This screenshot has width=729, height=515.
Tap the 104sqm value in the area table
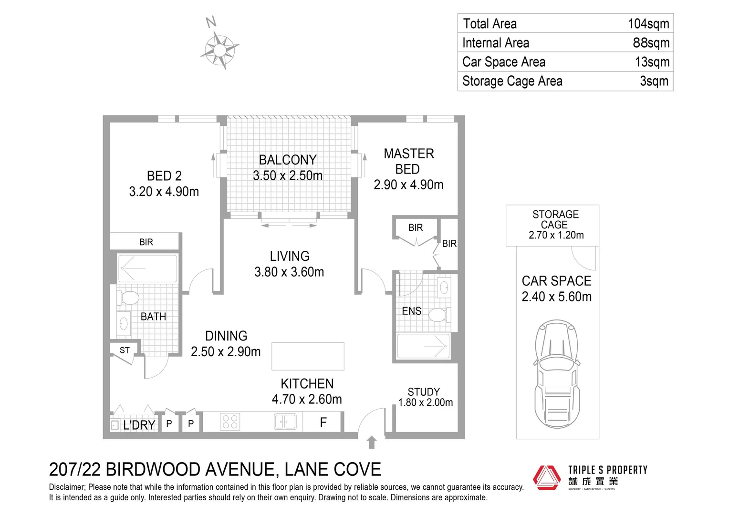(x=648, y=24)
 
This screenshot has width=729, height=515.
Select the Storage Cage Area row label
(x=512, y=81)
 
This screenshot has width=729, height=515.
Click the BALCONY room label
(x=288, y=160)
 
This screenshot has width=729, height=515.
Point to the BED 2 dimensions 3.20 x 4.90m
(x=164, y=191)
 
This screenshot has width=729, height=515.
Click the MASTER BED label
(x=408, y=161)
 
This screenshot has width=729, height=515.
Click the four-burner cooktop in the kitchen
(x=230, y=422)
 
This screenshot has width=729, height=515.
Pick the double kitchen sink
(x=285, y=422)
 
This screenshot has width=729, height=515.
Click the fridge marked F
(x=323, y=422)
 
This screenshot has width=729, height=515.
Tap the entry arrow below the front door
(x=372, y=443)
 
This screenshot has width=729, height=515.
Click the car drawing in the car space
(x=557, y=374)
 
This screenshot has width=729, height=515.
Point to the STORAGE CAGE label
(x=555, y=220)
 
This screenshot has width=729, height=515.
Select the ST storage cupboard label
(x=125, y=350)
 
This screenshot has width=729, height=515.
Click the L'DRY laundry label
(x=139, y=425)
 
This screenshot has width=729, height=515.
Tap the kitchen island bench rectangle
(x=308, y=356)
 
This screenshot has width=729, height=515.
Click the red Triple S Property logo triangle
(x=546, y=478)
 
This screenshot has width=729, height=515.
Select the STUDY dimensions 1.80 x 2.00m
(x=426, y=402)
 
